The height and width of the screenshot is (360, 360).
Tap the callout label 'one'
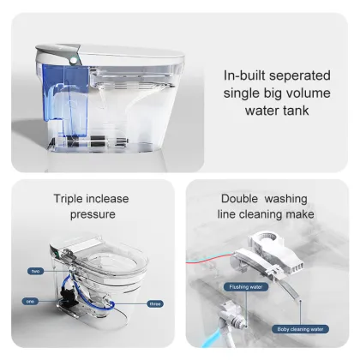[x=30, y=300]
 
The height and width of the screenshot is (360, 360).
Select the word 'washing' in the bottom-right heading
[x=287, y=197]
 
